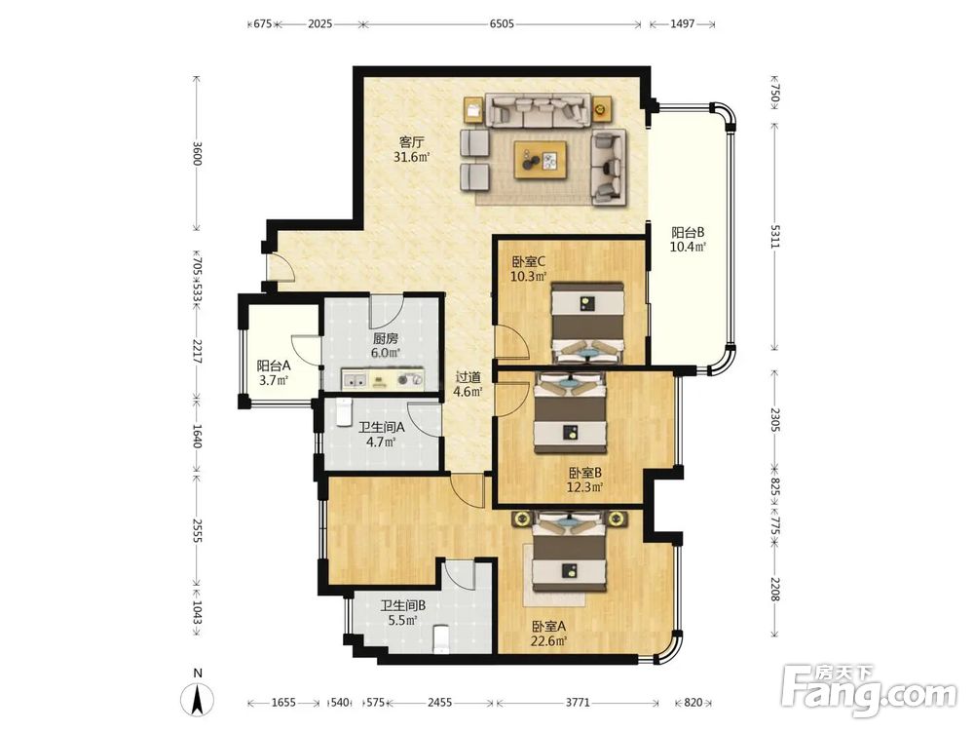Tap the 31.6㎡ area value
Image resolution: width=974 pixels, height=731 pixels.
[412, 157]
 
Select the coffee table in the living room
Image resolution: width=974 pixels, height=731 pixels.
[540, 160]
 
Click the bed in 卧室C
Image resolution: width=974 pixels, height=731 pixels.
[587, 324]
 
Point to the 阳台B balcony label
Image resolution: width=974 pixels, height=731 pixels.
[688, 233]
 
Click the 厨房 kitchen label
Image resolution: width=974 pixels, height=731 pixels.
[385, 339]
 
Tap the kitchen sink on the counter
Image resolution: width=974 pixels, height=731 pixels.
[355, 379]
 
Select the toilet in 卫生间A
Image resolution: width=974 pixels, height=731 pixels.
[344, 412]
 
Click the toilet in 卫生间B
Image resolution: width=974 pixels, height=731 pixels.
[440, 638]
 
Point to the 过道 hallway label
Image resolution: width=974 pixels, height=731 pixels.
[468, 377]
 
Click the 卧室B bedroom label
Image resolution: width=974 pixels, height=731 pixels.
[584, 473]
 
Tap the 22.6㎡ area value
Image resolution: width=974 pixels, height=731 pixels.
[549, 641]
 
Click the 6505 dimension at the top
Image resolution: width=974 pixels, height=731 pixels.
[502, 24]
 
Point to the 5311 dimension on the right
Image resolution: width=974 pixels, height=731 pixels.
[774, 236]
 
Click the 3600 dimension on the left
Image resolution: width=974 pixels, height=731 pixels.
[197, 153]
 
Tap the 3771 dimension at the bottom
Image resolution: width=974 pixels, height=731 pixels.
[577, 703]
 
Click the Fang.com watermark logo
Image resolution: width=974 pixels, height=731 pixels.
[869, 689]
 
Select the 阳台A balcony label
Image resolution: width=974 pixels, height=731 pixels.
[274, 366]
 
